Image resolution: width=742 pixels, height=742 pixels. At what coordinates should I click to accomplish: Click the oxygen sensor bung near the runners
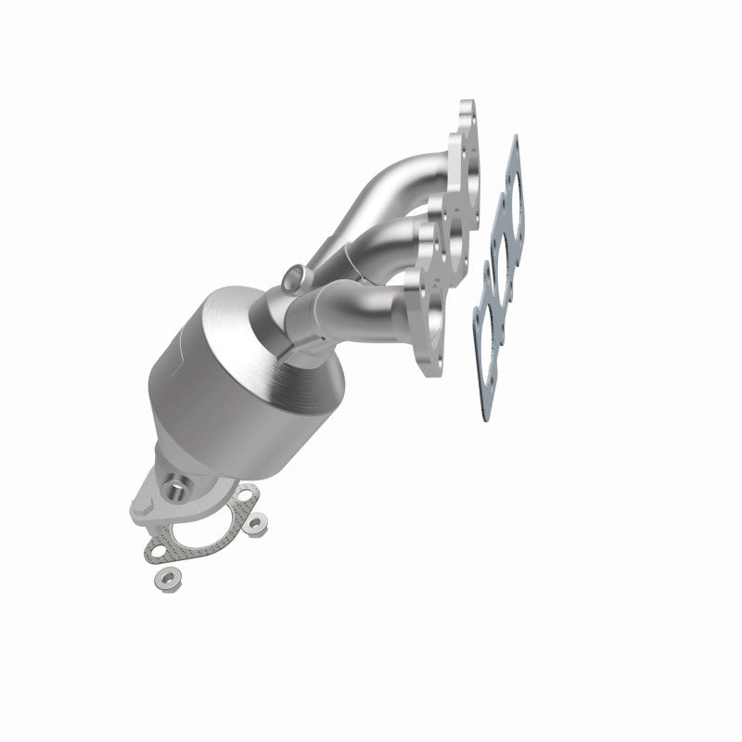(x=294, y=275)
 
